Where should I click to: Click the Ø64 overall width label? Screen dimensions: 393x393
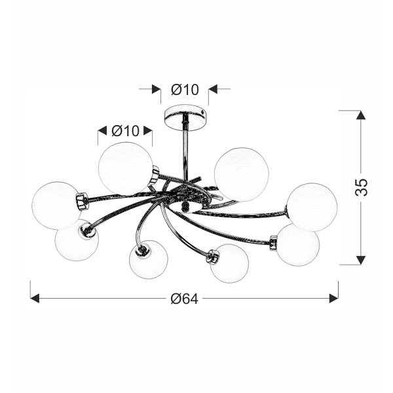[x=185, y=299]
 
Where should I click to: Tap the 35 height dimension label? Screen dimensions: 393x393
[x=362, y=187]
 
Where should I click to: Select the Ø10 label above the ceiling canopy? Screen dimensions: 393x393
[x=185, y=90]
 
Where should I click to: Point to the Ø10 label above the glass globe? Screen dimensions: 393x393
[x=125, y=130]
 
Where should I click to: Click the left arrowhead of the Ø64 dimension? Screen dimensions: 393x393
[x=35, y=298]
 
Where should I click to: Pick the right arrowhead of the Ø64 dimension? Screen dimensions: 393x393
[x=334, y=298]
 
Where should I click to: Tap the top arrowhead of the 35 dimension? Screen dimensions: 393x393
[x=361, y=115]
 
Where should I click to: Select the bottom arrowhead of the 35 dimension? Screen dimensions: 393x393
[x=361, y=260]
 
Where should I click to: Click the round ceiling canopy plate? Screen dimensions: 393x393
[x=186, y=117]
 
